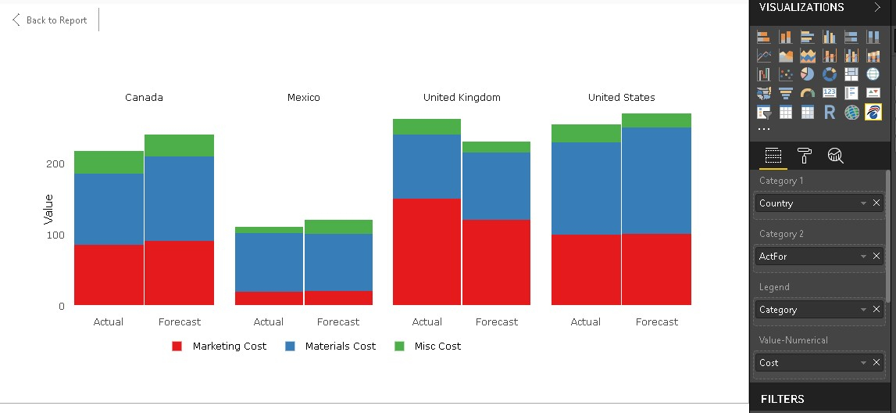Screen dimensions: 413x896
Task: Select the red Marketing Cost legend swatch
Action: click(x=177, y=346)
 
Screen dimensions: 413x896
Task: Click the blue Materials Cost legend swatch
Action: click(x=290, y=346)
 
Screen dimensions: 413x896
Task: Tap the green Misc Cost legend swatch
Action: click(x=399, y=346)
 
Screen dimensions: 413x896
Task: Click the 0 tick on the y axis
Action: click(x=61, y=306)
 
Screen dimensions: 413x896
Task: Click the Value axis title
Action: click(x=48, y=210)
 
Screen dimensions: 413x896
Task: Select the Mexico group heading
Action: click(x=303, y=98)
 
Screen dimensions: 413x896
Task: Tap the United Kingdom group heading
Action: click(x=462, y=98)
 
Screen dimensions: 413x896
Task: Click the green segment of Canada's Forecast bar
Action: click(x=179, y=145)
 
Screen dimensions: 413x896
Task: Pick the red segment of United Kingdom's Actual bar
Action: click(x=427, y=251)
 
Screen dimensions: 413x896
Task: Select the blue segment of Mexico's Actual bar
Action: click(x=269, y=262)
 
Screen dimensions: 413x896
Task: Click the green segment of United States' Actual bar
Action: click(x=586, y=133)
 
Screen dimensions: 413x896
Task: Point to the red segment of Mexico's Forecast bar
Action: click(x=338, y=298)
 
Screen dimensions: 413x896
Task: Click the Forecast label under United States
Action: click(x=657, y=321)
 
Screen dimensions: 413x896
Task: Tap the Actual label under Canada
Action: click(x=109, y=321)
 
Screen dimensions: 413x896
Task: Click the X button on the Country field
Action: click(x=876, y=203)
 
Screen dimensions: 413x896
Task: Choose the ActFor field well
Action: click(x=809, y=257)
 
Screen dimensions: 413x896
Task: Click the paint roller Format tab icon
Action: click(x=804, y=155)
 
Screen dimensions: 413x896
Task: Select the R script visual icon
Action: click(x=830, y=113)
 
